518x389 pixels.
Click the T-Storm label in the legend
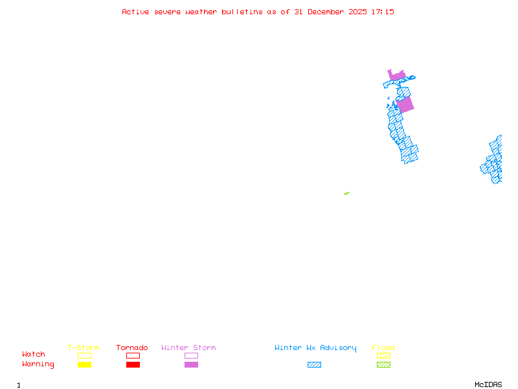84,348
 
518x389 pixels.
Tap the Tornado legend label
132,348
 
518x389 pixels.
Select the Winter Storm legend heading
188,348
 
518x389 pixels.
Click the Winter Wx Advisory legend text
315,348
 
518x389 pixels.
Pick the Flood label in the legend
383,348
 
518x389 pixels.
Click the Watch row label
34,355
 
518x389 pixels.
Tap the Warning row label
38,364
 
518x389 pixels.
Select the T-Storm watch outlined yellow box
84,355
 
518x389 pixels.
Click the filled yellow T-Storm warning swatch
84,365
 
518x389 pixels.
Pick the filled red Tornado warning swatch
133,365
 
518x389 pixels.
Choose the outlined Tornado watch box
133,355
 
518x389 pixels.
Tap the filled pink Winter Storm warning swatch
191,365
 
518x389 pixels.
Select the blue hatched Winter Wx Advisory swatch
314,365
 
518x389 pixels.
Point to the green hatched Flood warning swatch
383,365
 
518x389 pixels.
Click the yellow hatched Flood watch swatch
383,355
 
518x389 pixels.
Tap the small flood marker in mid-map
346,193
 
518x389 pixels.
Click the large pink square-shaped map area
405,104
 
